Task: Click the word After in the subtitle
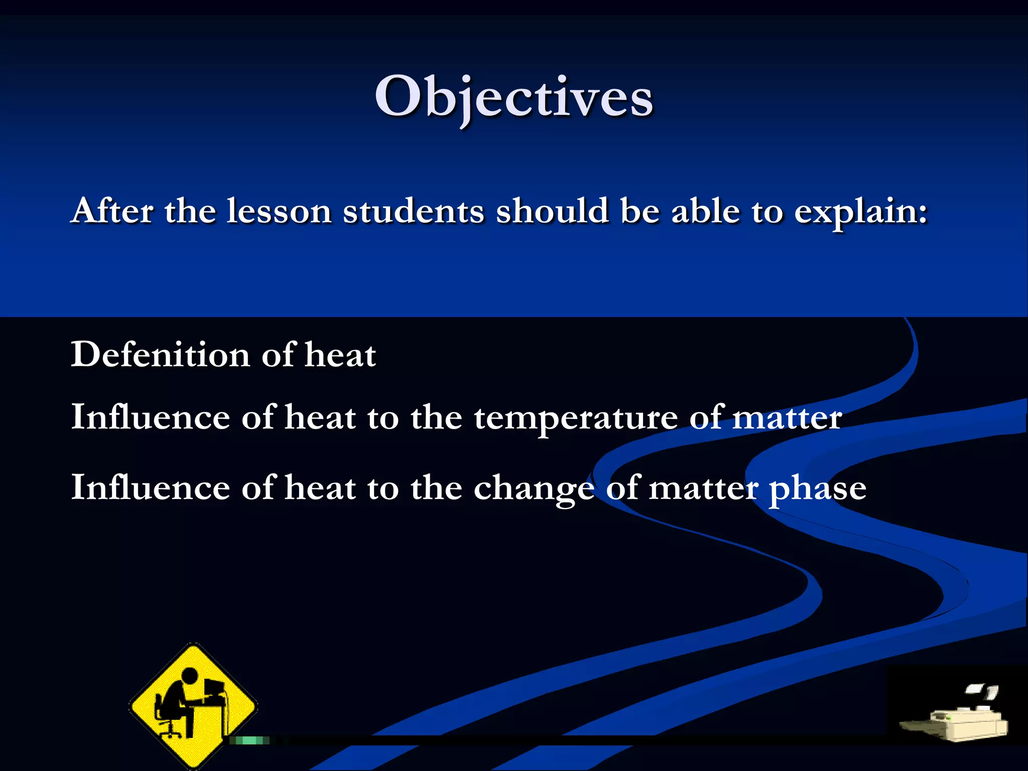point(112,211)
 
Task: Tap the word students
point(413,211)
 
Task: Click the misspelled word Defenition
point(160,354)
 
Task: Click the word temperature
point(575,418)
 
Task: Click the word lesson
point(279,211)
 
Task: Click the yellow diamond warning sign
point(193,705)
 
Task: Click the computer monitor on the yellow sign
point(213,687)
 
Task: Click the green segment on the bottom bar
point(249,740)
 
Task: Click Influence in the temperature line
point(150,417)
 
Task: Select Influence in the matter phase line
point(150,487)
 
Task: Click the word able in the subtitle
point(705,211)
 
